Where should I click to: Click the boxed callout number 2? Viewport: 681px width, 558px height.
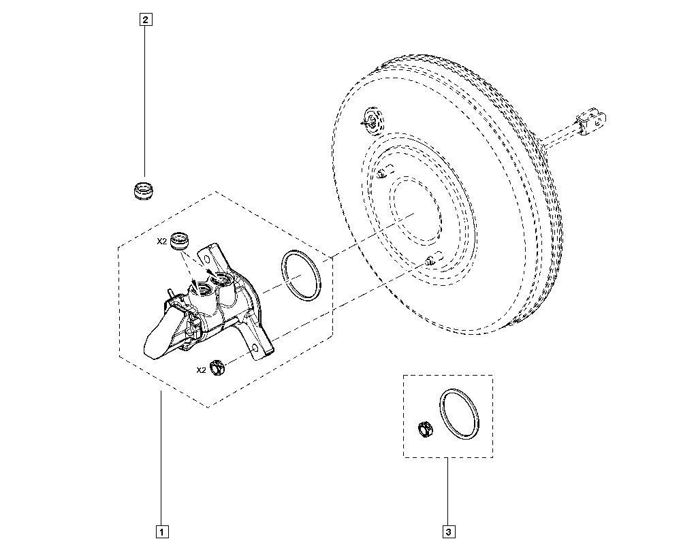tap(145, 20)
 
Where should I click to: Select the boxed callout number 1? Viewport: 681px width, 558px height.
tap(161, 530)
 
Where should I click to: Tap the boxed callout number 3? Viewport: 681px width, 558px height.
tap(448, 530)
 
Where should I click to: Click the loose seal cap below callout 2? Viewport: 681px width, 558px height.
tap(144, 190)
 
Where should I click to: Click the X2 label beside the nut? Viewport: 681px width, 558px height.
tap(201, 370)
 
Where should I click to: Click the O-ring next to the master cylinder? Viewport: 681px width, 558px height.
tap(300, 274)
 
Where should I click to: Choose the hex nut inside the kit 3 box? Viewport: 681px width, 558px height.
tap(426, 429)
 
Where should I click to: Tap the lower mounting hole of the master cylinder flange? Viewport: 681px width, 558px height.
tap(255, 348)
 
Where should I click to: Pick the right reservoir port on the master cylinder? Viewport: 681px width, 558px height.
tap(222, 279)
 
